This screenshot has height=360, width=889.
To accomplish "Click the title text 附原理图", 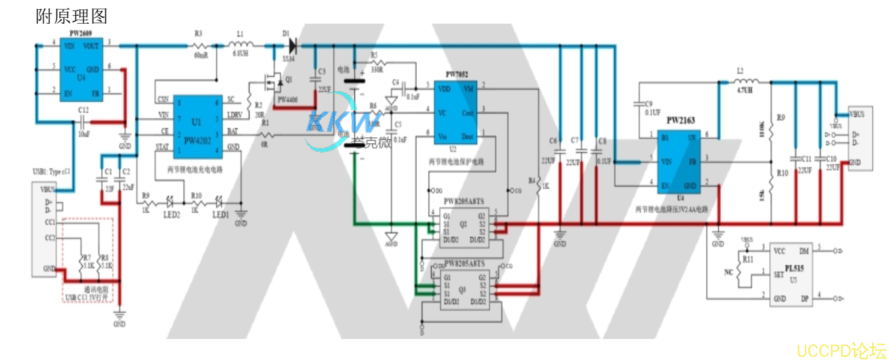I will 72,16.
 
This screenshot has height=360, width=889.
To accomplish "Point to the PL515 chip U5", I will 792,273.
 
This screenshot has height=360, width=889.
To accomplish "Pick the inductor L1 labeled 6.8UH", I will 238,46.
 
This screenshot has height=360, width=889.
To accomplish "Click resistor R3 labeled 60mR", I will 200,46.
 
